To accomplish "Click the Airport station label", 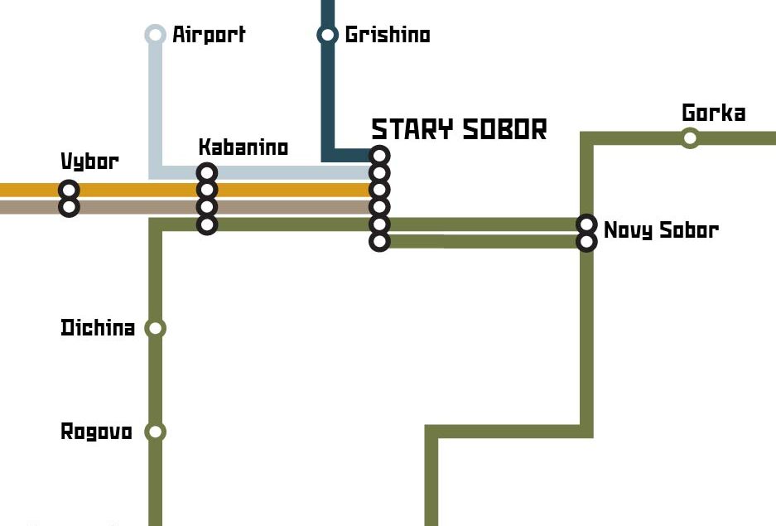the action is (209, 35).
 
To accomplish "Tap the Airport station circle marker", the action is (155, 35).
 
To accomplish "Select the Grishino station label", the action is (388, 34).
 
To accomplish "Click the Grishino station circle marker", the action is (327, 35).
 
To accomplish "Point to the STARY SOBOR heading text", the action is (460, 129).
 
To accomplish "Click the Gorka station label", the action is (713, 113).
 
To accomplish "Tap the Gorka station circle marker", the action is (689, 138).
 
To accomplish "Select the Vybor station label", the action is (89, 162).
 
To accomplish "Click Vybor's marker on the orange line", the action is (70, 190).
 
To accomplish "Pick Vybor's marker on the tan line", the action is (70, 207).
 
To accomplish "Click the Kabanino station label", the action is (243, 147).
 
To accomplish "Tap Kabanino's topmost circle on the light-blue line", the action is (207, 172).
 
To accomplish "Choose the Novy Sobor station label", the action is (661, 230).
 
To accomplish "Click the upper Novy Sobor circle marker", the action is (586, 224).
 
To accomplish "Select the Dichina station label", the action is (98, 327).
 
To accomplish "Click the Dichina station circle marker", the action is (155, 328).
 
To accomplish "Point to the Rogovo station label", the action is (97, 432).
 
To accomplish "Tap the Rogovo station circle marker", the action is (155, 432).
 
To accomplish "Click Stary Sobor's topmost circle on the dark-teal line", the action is (379, 156).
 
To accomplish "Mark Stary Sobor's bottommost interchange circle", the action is (379, 242).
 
